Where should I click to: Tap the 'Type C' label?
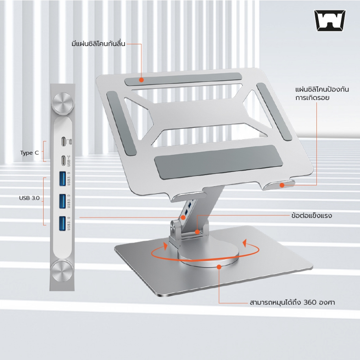click(30, 153)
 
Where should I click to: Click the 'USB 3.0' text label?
click(30, 198)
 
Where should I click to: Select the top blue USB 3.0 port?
click(63, 178)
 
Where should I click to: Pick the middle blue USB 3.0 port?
click(63, 201)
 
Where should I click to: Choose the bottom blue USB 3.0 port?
click(63, 223)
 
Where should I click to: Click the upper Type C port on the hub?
click(63, 141)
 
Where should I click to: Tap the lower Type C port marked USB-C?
click(63, 160)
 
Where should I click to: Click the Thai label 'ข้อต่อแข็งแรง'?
click(311, 216)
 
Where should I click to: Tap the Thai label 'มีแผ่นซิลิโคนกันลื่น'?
click(98, 43)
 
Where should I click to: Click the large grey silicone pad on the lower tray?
click(215, 162)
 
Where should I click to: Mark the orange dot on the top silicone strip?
click(141, 80)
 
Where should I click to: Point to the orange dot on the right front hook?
click(282, 185)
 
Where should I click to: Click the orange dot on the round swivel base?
click(219, 267)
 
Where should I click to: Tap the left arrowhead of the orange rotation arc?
click(165, 245)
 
